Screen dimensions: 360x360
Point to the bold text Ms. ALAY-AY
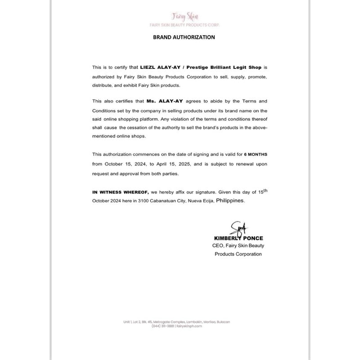165,102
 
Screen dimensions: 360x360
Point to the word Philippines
230,201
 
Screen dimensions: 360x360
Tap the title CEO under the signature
218,246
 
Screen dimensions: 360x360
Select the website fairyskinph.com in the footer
189,327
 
